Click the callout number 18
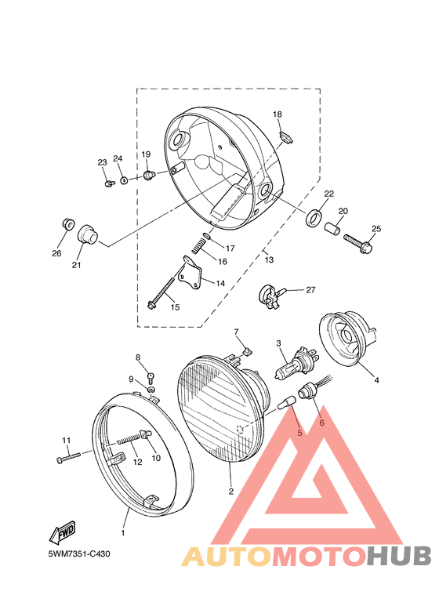point(278,114)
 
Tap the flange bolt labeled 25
point(357,242)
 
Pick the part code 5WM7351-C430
point(79,553)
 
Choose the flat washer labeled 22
point(314,218)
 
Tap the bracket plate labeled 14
point(190,272)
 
